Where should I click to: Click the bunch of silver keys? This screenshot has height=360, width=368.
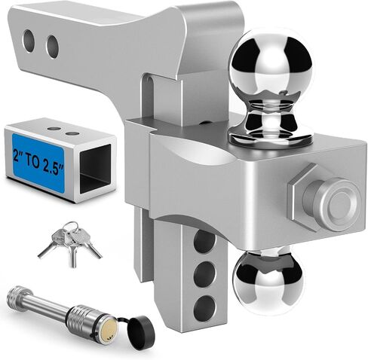coord(69,242)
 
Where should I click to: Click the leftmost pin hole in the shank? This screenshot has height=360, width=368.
coord(29,41)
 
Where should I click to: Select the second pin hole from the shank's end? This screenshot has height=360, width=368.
coord(52,47)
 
